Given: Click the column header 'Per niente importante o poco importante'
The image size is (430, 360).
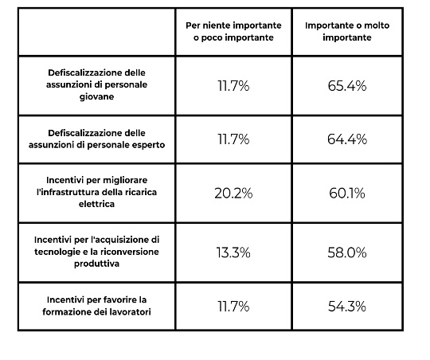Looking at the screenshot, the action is click(x=233, y=31).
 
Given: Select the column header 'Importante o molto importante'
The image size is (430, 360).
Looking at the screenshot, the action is click(x=347, y=31).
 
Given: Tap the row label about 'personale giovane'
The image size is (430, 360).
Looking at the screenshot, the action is click(x=96, y=84).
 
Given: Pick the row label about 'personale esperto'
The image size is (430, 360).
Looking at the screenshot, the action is click(x=96, y=139).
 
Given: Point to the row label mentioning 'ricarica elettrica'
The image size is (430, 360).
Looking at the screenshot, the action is click(x=96, y=192).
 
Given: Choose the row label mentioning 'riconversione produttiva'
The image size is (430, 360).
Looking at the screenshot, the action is click(x=96, y=252).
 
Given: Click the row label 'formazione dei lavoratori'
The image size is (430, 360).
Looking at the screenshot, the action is click(x=96, y=306).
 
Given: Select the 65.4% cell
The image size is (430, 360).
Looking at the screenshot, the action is click(x=347, y=85).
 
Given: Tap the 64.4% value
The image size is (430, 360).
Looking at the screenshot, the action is click(x=347, y=139).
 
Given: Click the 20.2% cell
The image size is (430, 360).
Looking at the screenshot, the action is click(x=233, y=194).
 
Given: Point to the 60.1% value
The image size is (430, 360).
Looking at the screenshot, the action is click(x=347, y=194).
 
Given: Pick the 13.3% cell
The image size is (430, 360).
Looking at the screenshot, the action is click(x=233, y=252).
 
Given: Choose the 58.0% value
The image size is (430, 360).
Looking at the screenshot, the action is click(x=347, y=252).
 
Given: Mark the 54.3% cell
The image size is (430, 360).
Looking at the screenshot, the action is click(x=347, y=306).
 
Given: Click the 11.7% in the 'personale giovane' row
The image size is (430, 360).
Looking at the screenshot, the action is click(x=233, y=85).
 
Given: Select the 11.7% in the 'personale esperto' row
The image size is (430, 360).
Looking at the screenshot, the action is click(x=233, y=139).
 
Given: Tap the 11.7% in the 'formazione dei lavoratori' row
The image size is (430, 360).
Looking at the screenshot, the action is click(x=233, y=306).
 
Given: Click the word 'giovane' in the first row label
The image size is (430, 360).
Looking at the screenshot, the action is click(x=96, y=97).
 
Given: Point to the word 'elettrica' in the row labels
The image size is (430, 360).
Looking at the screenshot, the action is click(x=96, y=204).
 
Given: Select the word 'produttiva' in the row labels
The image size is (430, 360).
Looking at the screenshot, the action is click(x=96, y=264).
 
